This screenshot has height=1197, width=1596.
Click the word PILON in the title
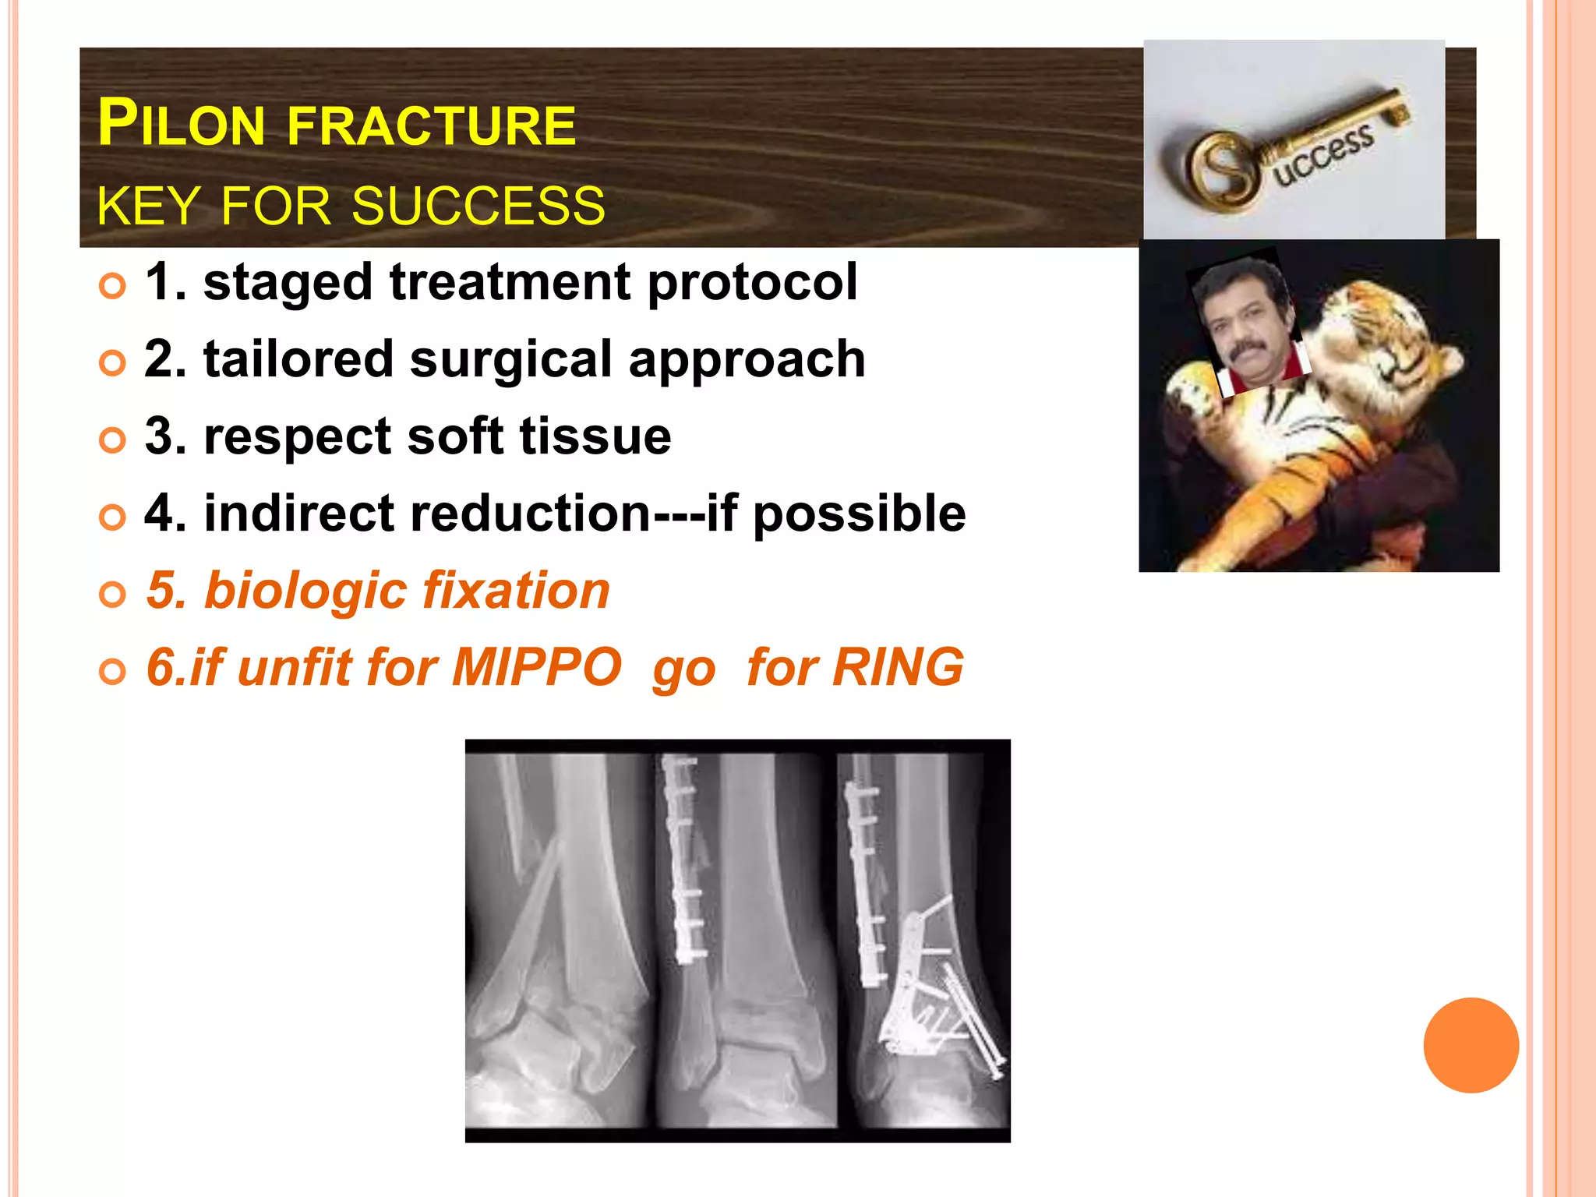point(182,125)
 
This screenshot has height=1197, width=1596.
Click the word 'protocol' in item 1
point(752,282)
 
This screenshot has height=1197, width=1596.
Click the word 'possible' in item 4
point(859,514)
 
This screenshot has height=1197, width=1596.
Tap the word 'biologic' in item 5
point(304,591)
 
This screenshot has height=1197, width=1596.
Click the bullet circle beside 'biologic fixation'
point(112,595)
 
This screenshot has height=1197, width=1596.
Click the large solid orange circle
point(1471,1045)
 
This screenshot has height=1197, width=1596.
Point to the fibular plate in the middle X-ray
point(683,857)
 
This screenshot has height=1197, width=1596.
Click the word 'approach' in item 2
point(747,359)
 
